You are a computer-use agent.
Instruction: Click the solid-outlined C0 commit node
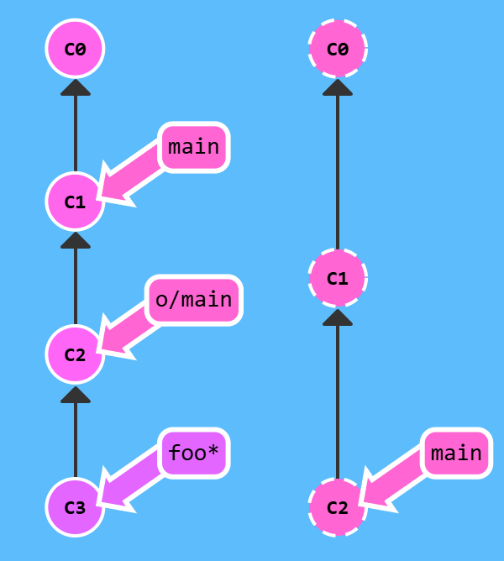click(x=75, y=49)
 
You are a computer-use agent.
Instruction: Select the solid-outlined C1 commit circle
click(x=75, y=202)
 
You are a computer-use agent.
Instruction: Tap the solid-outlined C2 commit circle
click(x=75, y=354)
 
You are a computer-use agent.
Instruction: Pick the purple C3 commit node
click(x=75, y=507)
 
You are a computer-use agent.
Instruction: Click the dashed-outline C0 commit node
click(x=338, y=49)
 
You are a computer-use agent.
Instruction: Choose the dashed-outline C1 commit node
click(x=338, y=278)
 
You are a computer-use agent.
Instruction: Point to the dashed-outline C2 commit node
click(x=338, y=507)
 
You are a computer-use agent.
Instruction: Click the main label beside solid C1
click(x=194, y=147)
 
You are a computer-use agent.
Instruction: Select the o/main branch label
click(x=194, y=300)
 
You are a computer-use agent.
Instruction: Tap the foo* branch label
click(x=194, y=454)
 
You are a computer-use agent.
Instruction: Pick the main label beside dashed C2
click(x=456, y=454)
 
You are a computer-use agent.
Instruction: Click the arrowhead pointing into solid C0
click(x=75, y=87)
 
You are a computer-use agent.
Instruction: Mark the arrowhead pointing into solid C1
click(x=75, y=240)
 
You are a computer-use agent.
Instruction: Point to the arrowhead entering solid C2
click(x=75, y=393)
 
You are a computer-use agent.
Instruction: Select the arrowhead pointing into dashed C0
click(x=338, y=87)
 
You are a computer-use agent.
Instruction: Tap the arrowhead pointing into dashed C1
click(x=338, y=317)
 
